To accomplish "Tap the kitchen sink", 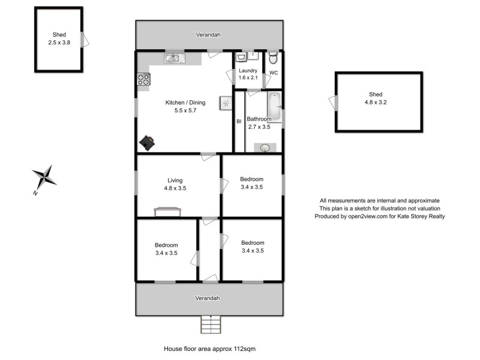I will (x=175, y=58).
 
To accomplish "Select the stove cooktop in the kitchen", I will (x=143, y=79).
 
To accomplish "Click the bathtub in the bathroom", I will (x=274, y=106).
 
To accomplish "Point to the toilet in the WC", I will (x=273, y=58).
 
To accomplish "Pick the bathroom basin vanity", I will (x=265, y=147).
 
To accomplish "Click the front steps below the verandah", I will (x=211, y=325).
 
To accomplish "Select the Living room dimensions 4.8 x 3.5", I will (x=175, y=188).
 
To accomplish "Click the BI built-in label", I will (x=239, y=121).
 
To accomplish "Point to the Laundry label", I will (x=248, y=71).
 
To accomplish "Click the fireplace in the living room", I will (x=167, y=211).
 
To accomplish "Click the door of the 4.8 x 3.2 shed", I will (x=334, y=103).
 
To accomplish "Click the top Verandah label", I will (x=208, y=35).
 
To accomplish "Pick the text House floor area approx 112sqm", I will (x=211, y=348).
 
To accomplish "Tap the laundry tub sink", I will (x=241, y=58).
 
